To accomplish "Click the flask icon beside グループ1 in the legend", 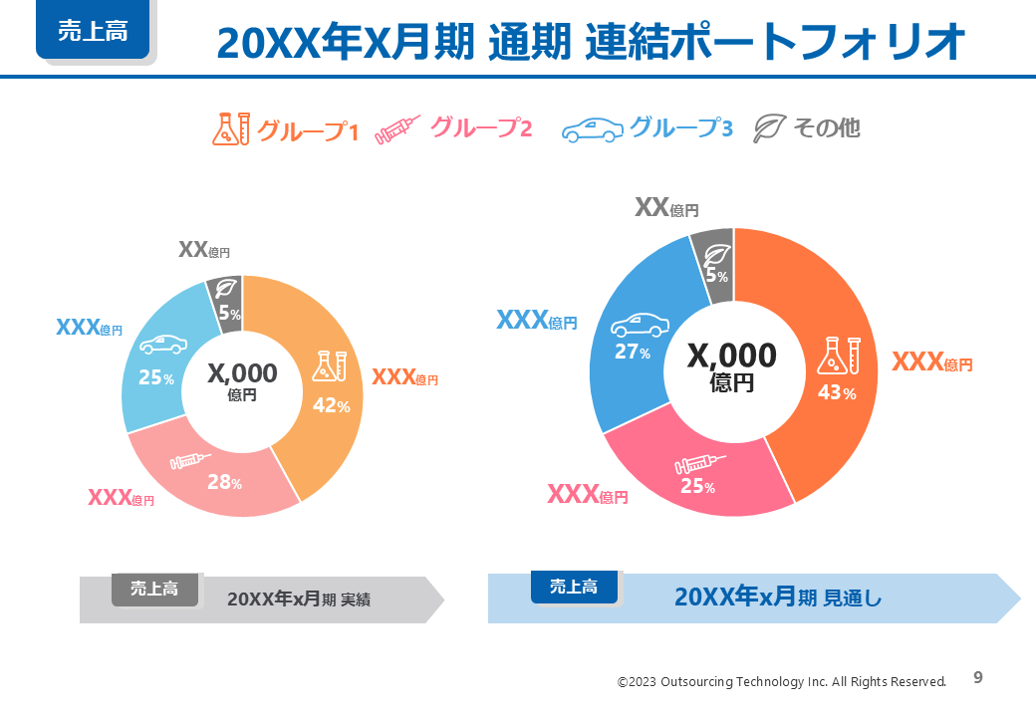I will (x=230, y=128).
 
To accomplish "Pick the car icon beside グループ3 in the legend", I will (x=593, y=129).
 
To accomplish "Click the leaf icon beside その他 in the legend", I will (x=769, y=128).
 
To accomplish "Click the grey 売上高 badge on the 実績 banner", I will (x=155, y=589).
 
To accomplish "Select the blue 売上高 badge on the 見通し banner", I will (x=574, y=587).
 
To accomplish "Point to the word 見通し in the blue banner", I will (x=853, y=598).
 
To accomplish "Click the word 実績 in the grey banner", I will (x=356, y=599).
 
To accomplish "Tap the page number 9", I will (x=978, y=678).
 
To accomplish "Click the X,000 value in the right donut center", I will (x=732, y=356).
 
